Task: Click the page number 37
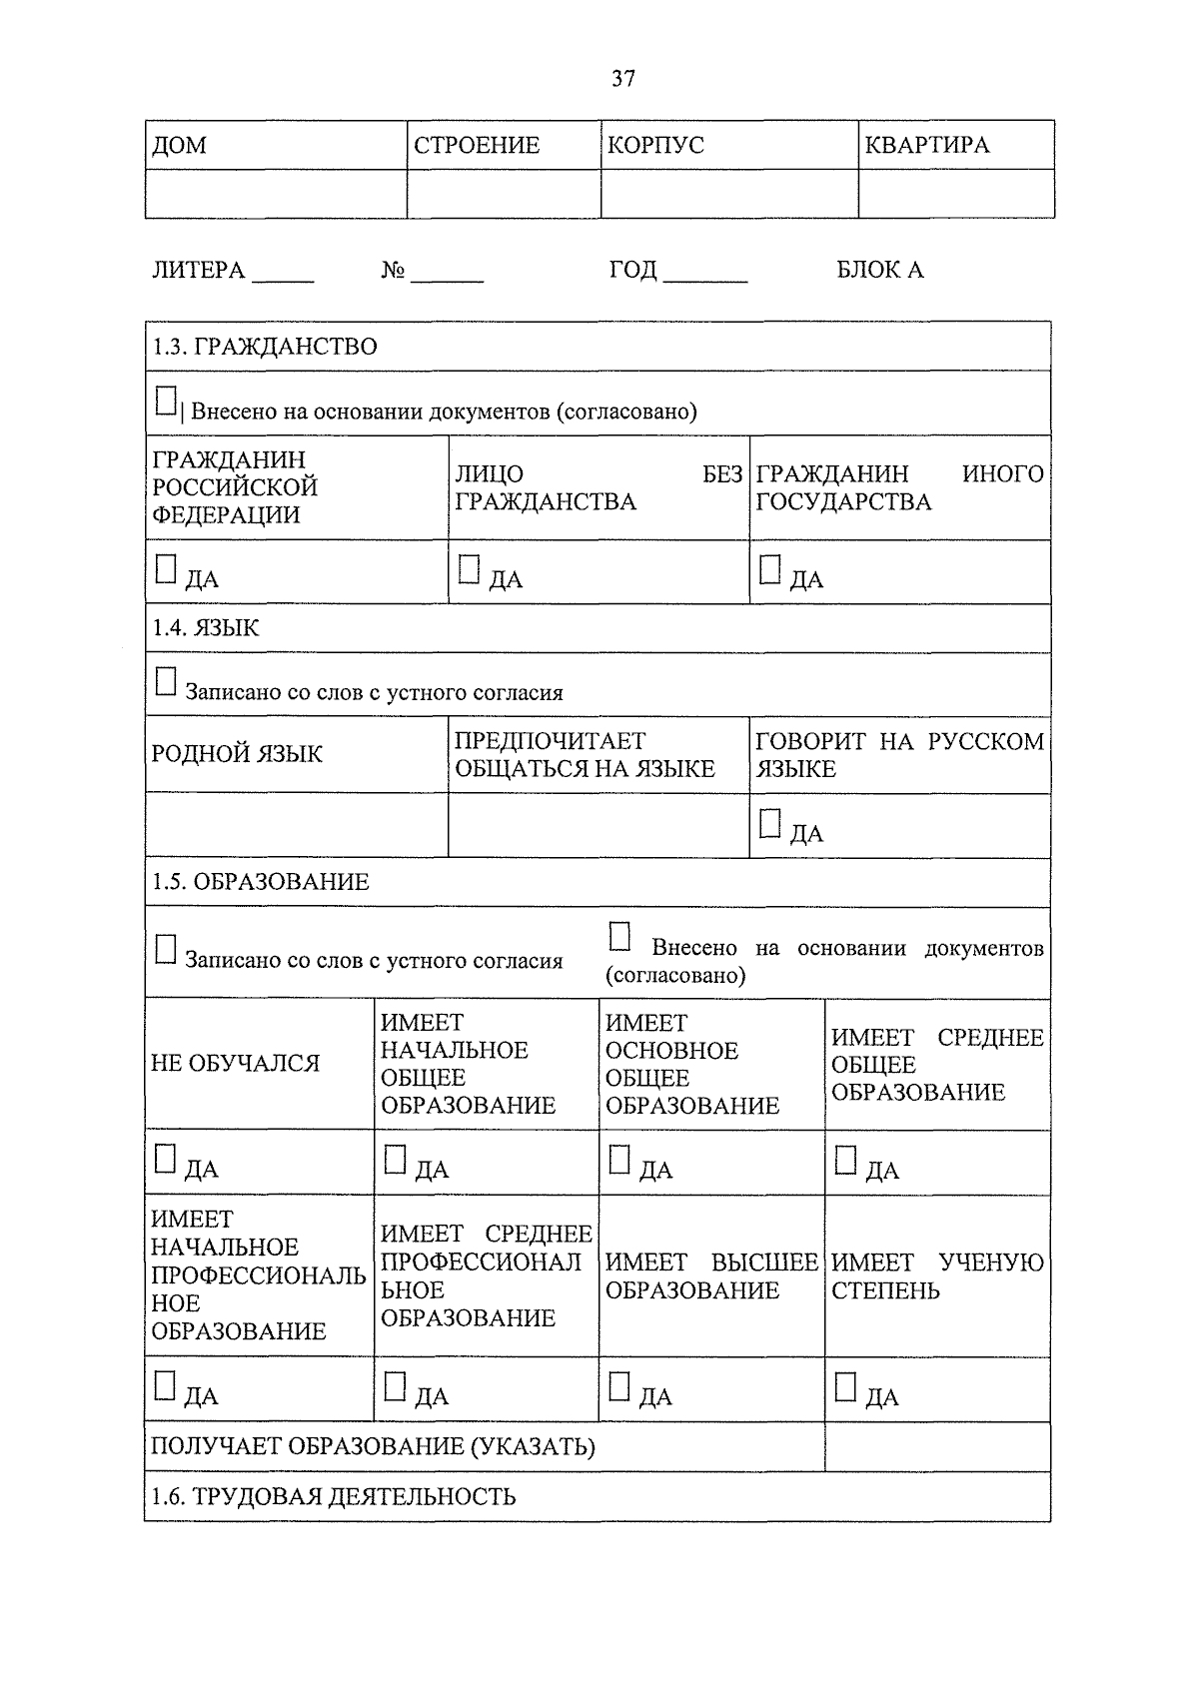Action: pos(622,79)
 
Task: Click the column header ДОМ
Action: pos(180,146)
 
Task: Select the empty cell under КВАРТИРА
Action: pos(955,194)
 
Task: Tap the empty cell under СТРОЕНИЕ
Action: pos(503,194)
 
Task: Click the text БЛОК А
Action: pos(879,271)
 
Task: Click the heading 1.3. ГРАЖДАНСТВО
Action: pos(265,347)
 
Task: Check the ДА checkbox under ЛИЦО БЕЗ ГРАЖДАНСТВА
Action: pos(469,570)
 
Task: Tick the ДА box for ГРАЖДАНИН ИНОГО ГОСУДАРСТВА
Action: pos(769,570)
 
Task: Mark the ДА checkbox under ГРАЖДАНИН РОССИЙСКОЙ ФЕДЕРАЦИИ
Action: pos(166,570)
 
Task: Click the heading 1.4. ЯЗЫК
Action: pos(206,628)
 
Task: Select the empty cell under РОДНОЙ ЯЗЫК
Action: pos(296,825)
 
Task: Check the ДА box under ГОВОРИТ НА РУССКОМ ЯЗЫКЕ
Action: pos(769,824)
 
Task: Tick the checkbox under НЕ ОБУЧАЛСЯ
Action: pos(166,1160)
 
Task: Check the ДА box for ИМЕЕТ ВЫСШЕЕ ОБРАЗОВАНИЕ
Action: pos(619,1386)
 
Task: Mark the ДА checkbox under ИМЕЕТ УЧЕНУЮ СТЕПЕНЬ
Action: pos(845,1386)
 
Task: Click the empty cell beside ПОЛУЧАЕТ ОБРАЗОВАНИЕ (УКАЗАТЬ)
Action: pos(936,1447)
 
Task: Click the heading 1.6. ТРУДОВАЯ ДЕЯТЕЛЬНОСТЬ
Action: pos(334,1496)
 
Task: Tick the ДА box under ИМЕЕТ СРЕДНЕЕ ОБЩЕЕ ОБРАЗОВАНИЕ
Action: pos(845,1160)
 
